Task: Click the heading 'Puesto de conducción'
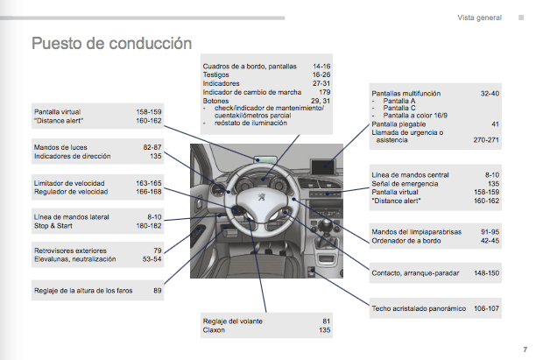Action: tap(111, 43)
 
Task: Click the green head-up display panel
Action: tap(263, 159)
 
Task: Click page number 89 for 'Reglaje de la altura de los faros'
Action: tap(158, 290)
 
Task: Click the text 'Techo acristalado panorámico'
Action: tap(418, 308)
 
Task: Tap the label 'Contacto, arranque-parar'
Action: tap(415, 272)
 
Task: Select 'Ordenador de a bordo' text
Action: tap(405, 240)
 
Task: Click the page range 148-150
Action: tap(486, 272)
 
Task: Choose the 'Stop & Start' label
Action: tap(53, 225)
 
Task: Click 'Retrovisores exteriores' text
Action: tap(71, 251)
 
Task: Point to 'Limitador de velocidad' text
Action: tap(69, 183)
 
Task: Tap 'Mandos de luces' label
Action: tap(60, 147)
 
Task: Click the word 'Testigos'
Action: tap(217, 75)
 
